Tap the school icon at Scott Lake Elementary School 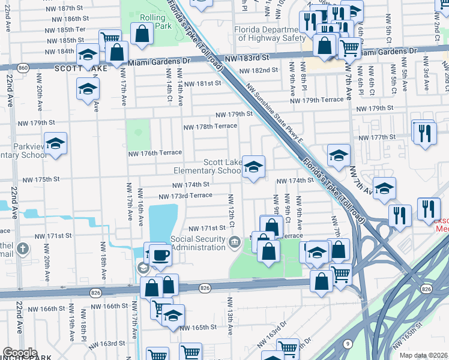(x=253, y=166)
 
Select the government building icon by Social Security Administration (x=234, y=241)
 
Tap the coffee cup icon (x=160, y=254)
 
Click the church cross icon (x=23, y=248)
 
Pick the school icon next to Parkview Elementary (x=55, y=143)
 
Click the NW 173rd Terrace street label (x=185, y=196)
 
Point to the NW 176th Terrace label (x=154, y=153)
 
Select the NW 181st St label (x=202, y=84)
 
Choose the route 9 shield (x=348, y=343)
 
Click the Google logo (x=20, y=353)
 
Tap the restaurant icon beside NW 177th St (x=424, y=133)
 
